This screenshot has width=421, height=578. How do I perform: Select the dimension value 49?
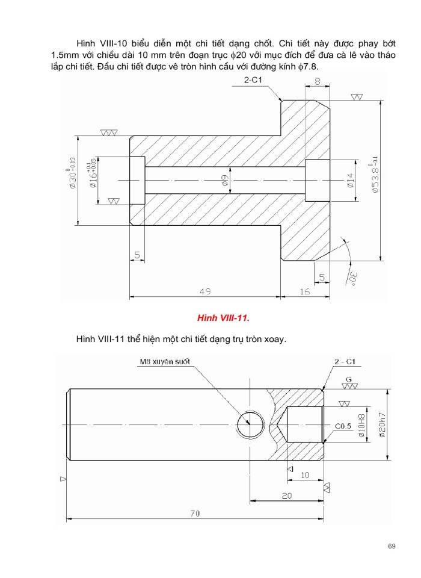[x=205, y=291]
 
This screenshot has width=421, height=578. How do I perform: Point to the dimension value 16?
[x=304, y=291]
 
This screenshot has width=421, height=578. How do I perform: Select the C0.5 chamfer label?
[x=343, y=426]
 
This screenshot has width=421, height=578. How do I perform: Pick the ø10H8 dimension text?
[x=361, y=424]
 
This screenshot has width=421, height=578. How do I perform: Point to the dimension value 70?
[x=194, y=514]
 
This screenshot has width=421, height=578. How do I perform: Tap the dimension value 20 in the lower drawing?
[x=286, y=495]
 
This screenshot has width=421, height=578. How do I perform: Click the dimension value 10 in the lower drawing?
[x=304, y=475]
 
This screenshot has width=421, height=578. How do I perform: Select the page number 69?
[x=392, y=546]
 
